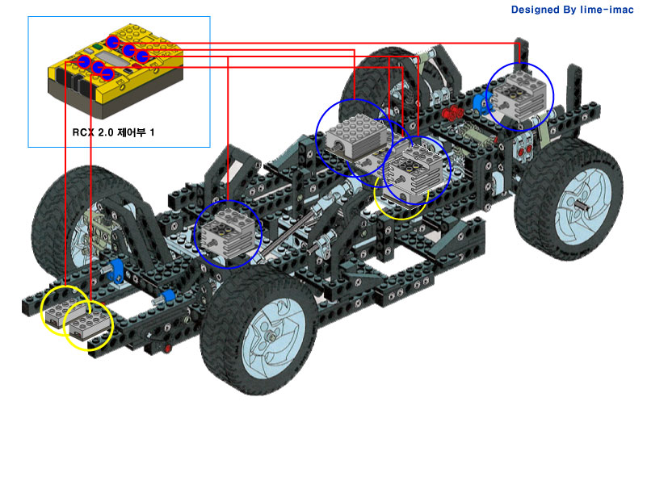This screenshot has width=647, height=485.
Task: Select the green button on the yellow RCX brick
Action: click(x=98, y=47)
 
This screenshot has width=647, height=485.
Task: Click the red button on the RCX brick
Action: click(x=135, y=65)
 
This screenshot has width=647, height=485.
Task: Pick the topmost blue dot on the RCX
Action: click(x=112, y=42)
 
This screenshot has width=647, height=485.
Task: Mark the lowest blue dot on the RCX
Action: click(x=107, y=73)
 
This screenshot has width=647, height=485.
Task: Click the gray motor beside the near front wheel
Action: click(x=227, y=233)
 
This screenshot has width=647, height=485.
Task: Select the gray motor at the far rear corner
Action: click(x=521, y=96)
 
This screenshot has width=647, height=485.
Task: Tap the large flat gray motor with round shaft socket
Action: click(x=358, y=138)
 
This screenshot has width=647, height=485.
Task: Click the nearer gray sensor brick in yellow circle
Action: click(x=90, y=324)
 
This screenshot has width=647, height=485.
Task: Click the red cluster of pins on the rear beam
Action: click(x=452, y=111)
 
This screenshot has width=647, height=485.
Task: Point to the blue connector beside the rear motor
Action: click(x=480, y=102)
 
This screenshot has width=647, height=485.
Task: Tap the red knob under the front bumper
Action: click(x=167, y=349)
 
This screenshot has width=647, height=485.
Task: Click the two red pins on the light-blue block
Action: click(x=524, y=151)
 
